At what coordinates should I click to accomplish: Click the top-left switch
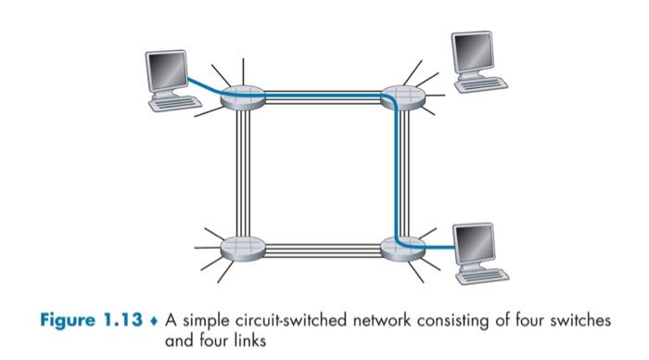click(244, 94)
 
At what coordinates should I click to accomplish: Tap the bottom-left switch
click(244, 249)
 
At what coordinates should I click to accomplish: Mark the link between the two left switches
click(244, 172)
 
